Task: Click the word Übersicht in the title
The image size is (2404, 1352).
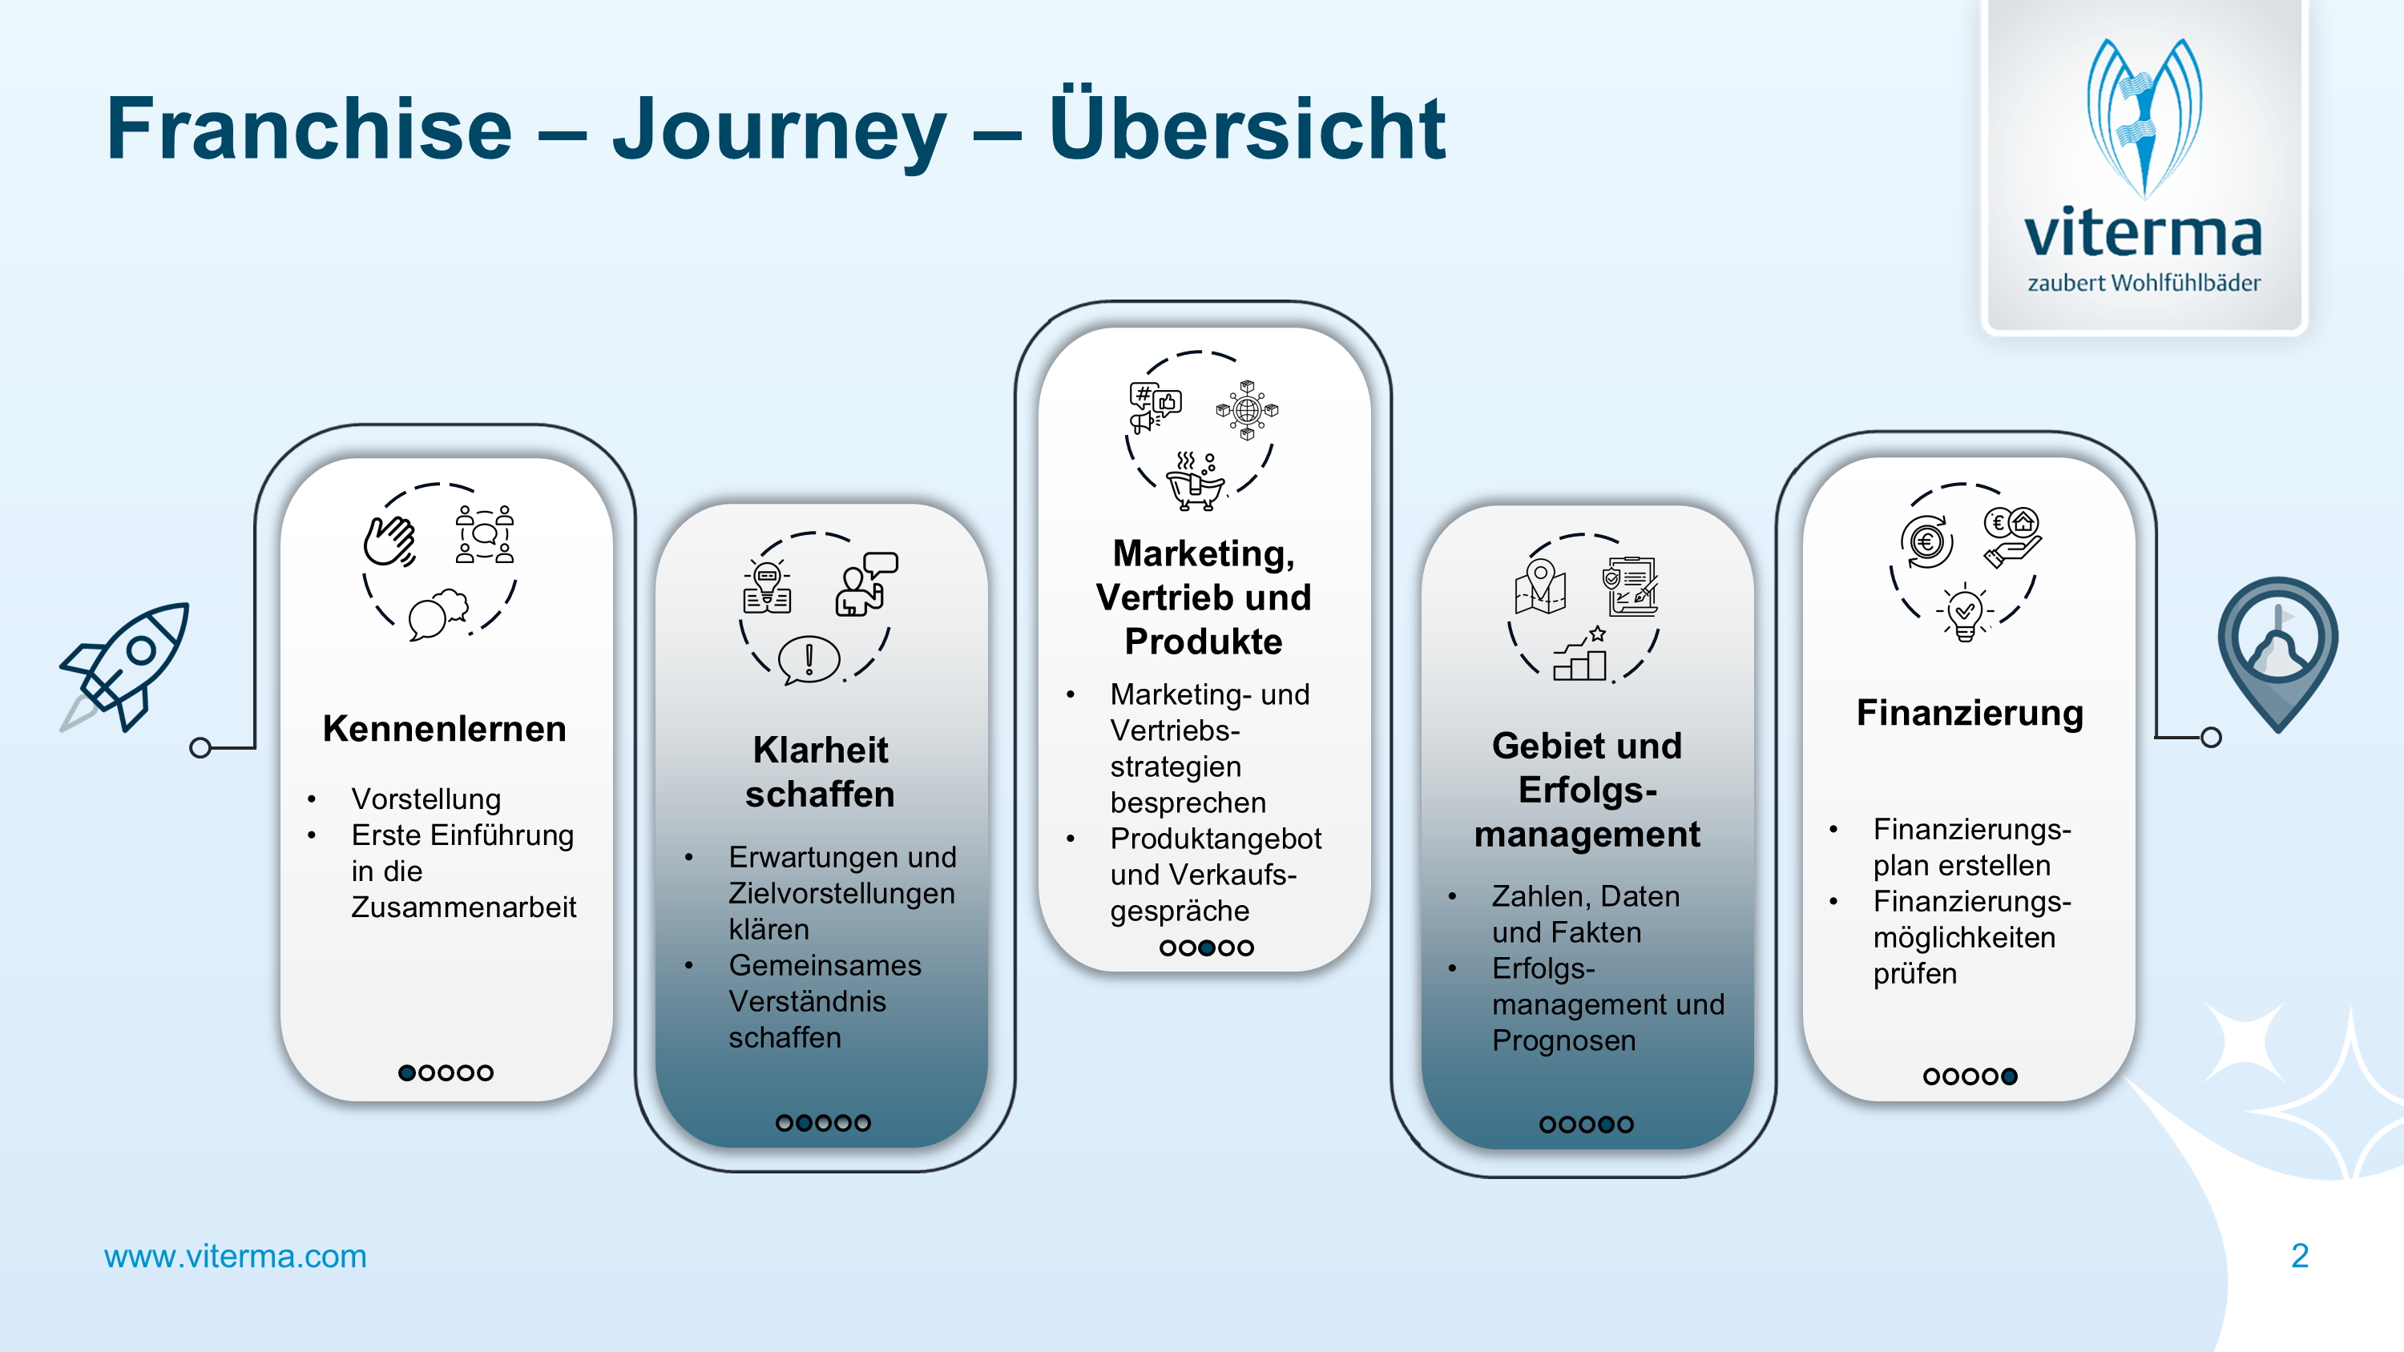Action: click(x=1247, y=129)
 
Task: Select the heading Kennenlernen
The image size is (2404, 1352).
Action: click(x=444, y=729)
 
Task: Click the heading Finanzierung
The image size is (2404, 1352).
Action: click(x=1969, y=713)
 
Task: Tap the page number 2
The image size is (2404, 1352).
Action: click(x=2300, y=1256)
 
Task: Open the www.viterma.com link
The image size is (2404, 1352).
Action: click(x=235, y=1257)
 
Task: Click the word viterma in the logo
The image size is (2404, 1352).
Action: click(x=2144, y=233)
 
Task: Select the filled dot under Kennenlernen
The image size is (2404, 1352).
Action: click(x=407, y=1073)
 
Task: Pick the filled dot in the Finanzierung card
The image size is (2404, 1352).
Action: click(x=2009, y=1076)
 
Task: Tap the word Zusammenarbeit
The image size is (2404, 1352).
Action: click(x=463, y=907)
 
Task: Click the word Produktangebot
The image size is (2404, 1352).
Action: click(x=1215, y=839)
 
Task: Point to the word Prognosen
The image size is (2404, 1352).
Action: click(x=1563, y=1040)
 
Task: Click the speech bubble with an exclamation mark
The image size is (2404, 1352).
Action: click(x=809, y=658)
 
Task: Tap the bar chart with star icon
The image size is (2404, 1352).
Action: click(x=1579, y=655)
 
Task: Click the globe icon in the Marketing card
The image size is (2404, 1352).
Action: click(x=1247, y=409)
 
